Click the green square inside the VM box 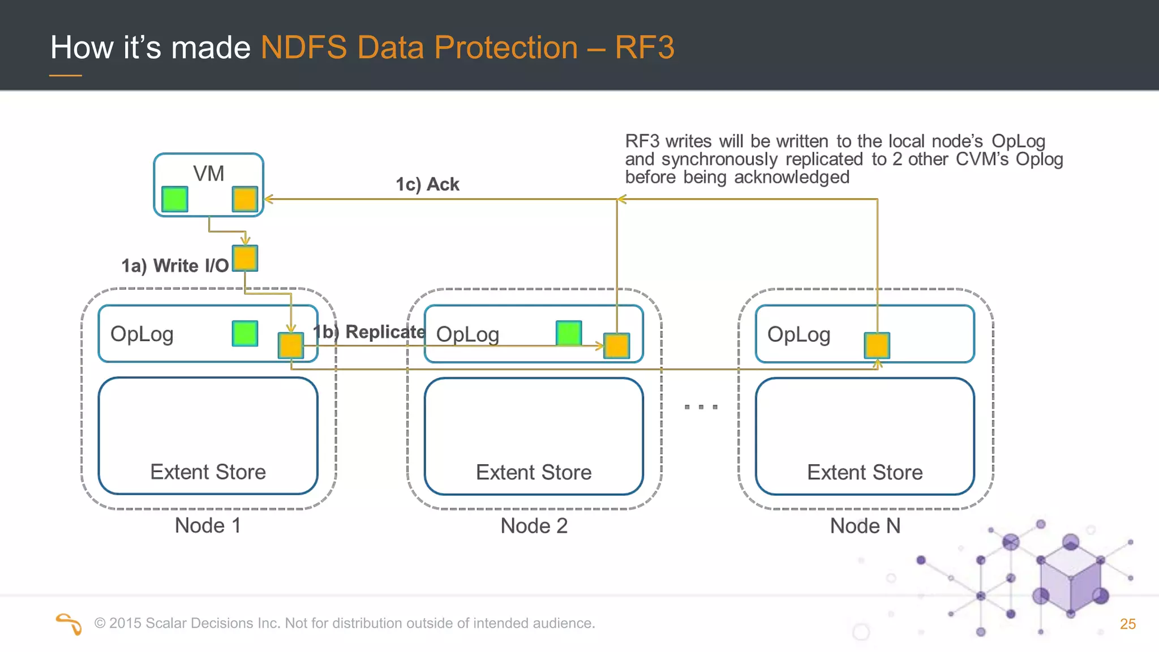pyautogui.click(x=174, y=199)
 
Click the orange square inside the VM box pyautogui.click(x=245, y=199)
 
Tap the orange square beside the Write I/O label pyautogui.click(x=245, y=258)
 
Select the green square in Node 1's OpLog pyautogui.click(x=245, y=333)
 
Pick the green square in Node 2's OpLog pyautogui.click(x=569, y=333)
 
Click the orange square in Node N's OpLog pyautogui.click(x=877, y=345)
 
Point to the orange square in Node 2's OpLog pyautogui.click(x=616, y=345)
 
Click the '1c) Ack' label pyautogui.click(x=427, y=185)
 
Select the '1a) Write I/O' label pyautogui.click(x=175, y=265)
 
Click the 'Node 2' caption pyautogui.click(x=534, y=526)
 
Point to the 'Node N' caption pyautogui.click(x=865, y=526)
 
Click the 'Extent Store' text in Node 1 pyautogui.click(x=208, y=472)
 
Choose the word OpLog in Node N pyautogui.click(x=799, y=334)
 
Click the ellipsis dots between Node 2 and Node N pyautogui.click(x=701, y=407)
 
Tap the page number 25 pyautogui.click(x=1127, y=624)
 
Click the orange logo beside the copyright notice pyautogui.click(x=69, y=624)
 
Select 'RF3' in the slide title pyautogui.click(x=645, y=47)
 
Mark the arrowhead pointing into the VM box pyautogui.click(x=269, y=199)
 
